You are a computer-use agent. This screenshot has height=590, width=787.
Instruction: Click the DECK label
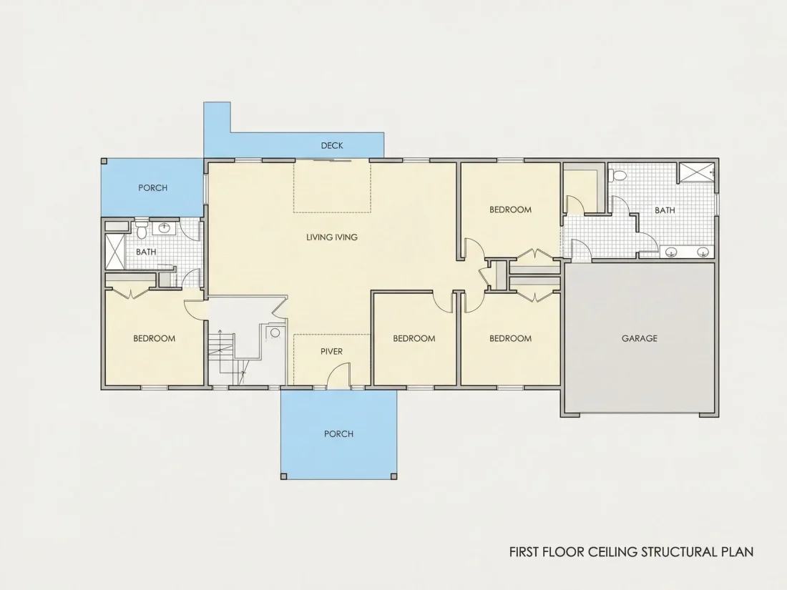click(332, 145)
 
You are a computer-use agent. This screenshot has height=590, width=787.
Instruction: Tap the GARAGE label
click(640, 338)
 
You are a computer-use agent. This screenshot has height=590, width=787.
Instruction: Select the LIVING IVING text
click(332, 237)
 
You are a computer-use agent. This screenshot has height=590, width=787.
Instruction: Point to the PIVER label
click(332, 351)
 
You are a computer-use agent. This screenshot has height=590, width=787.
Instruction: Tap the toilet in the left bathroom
click(142, 230)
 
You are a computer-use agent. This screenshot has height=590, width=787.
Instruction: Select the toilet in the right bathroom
click(618, 176)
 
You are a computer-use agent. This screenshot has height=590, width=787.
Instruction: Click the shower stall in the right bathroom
click(697, 172)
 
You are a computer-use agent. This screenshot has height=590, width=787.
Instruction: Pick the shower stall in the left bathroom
click(114, 252)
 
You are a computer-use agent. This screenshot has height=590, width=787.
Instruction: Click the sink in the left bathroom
click(165, 227)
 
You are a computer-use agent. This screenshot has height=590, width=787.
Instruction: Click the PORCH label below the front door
click(339, 434)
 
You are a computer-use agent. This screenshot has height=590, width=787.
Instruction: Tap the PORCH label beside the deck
click(153, 188)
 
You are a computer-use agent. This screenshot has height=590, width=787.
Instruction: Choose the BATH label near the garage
click(665, 210)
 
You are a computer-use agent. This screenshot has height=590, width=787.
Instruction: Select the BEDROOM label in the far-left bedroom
click(154, 338)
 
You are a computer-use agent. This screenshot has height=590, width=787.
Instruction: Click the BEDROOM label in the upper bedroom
click(510, 210)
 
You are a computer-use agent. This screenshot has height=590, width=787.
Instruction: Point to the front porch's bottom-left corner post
click(284, 476)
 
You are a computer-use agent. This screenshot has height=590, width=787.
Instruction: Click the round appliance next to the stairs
click(275, 333)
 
